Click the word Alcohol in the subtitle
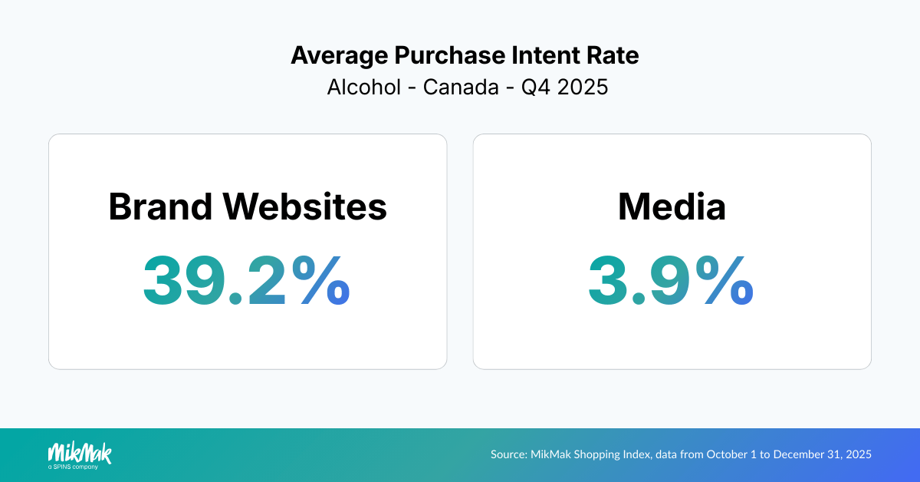pos(363,87)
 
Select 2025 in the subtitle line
pos(583,87)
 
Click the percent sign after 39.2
pos(317,280)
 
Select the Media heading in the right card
pos(672,206)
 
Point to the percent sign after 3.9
pos(721,280)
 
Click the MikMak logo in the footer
pos(80,452)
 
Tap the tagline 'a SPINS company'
pos(73,466)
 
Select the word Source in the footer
pos(508,454)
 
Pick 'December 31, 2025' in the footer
pos(822,454)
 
